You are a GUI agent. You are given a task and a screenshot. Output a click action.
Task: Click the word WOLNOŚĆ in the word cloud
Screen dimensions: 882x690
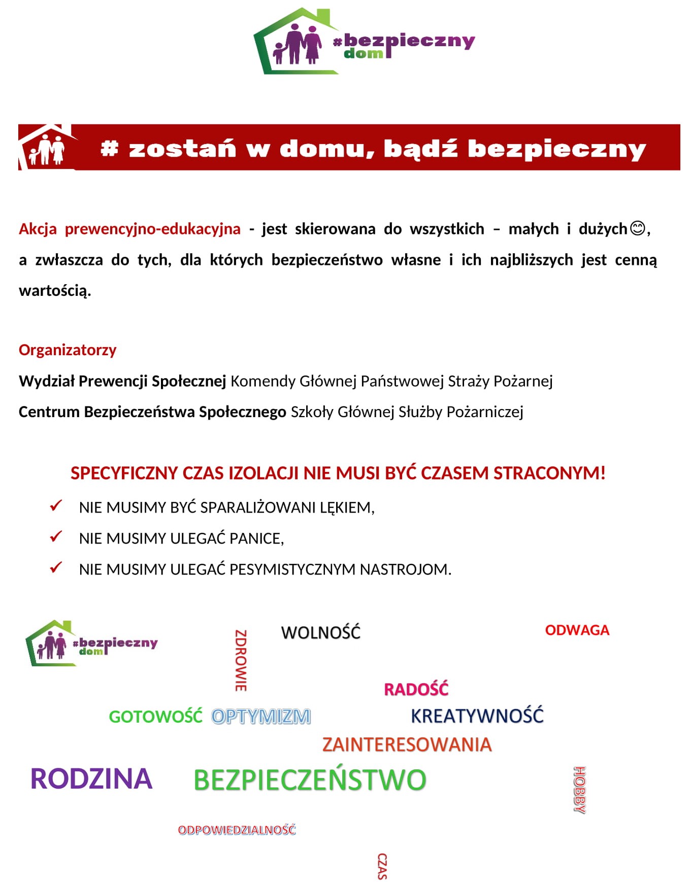click(x=320, y=632)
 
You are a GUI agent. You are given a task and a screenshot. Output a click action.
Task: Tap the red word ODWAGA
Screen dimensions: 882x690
click(x=577, y=630)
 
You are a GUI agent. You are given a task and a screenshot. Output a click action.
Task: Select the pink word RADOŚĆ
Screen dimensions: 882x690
click(x=416, y=689)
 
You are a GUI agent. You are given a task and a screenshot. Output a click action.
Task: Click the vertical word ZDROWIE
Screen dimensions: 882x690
click(x=241, y=660)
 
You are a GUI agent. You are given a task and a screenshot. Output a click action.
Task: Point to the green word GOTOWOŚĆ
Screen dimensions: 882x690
click(x=155, y=717)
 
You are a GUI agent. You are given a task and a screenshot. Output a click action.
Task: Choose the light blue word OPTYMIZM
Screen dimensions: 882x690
click(x=261, y=717)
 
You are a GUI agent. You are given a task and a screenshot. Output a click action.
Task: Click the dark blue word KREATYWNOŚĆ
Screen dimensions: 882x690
click(x=477, y=716)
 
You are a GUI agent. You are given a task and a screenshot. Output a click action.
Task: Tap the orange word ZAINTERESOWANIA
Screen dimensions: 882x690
click(x=407, y=744)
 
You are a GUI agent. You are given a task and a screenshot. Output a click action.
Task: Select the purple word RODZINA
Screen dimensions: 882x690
click(x=91, y=778)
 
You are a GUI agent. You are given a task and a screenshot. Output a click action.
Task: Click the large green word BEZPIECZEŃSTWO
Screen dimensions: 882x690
click(x=310, y=780)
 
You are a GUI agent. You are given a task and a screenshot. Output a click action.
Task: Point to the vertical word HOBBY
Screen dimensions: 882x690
click(x=579, y=790)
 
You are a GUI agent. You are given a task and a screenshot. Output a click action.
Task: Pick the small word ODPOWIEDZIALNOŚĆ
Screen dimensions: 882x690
click(x=237, y=830)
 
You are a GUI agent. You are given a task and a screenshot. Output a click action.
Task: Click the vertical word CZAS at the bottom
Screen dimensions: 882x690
click(x=382, y=866)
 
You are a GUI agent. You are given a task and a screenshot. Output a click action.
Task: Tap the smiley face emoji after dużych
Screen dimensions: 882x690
click(x=638, y=228)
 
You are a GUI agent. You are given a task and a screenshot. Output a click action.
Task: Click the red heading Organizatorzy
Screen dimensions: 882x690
click(x=68, y=350)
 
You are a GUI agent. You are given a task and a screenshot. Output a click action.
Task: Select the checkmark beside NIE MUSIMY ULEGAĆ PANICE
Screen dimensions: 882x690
click(x=56, y=537)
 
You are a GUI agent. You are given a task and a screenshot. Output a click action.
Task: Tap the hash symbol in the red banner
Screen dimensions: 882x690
click(x=109, y=149)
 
